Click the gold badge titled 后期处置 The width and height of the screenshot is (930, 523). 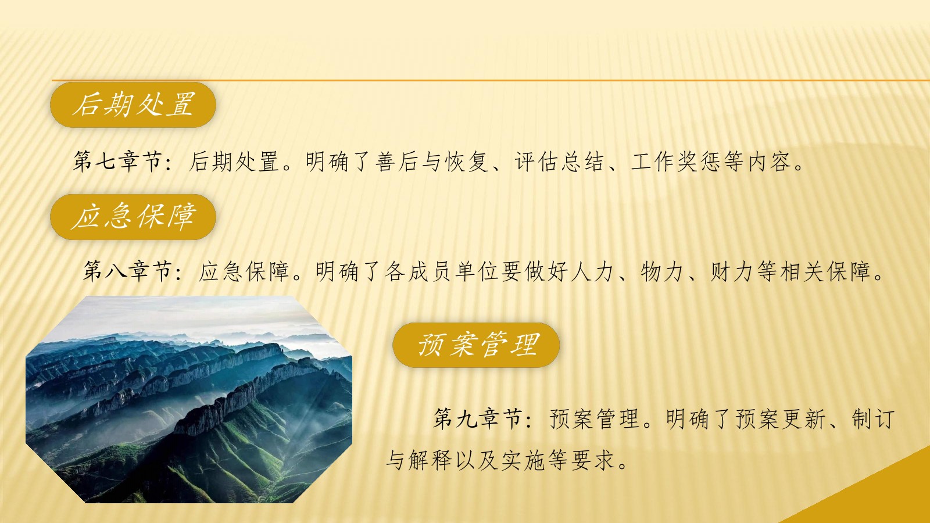[133, 105]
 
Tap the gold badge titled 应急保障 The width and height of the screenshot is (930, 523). [133, 217]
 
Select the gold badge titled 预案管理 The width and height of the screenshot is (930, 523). [476, 345]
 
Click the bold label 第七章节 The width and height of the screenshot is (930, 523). [117, 162]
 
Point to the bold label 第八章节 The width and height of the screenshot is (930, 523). [127, 271]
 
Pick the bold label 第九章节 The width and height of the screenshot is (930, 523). [478, 418]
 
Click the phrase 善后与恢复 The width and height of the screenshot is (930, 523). [432, 162]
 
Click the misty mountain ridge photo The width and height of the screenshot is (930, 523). [189, 399]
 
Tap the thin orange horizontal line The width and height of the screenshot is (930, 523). [491, 80]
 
